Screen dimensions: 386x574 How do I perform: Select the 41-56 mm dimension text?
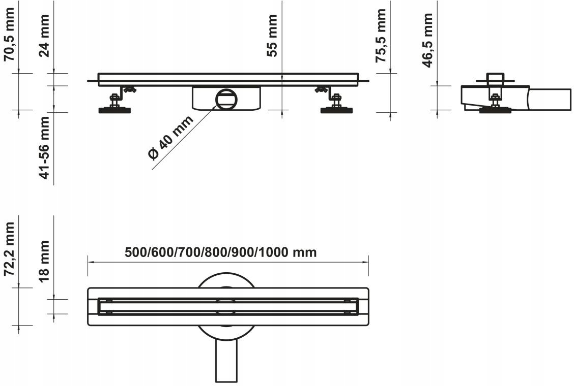(x=45, y=148)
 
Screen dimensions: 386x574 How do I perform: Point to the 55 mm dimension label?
(x=273, y=36)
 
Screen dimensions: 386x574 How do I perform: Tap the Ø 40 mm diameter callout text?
(x=171, y=138)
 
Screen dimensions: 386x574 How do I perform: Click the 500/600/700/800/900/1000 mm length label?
(x=221, y=252)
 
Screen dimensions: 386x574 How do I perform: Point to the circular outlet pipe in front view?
(x=225, y=98)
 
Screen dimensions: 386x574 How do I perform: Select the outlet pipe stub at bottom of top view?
(x=226, y=361)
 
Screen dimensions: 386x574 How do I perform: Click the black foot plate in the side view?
(x=494, y=110)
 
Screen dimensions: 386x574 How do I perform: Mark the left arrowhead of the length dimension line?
(x=90, y=262)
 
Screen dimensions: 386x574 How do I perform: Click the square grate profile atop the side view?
(x=494, y=79)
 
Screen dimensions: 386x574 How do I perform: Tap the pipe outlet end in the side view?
(x=550, y=99)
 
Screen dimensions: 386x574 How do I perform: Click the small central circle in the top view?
(x=226, y=307)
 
